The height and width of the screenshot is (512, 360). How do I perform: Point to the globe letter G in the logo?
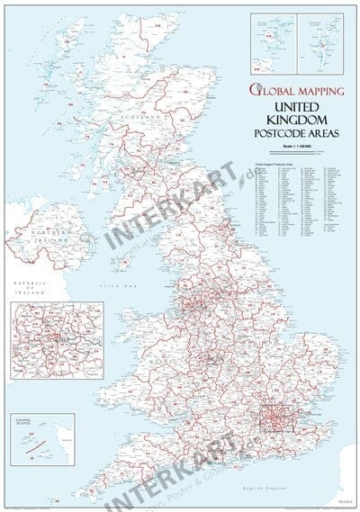tap(257, 90)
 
